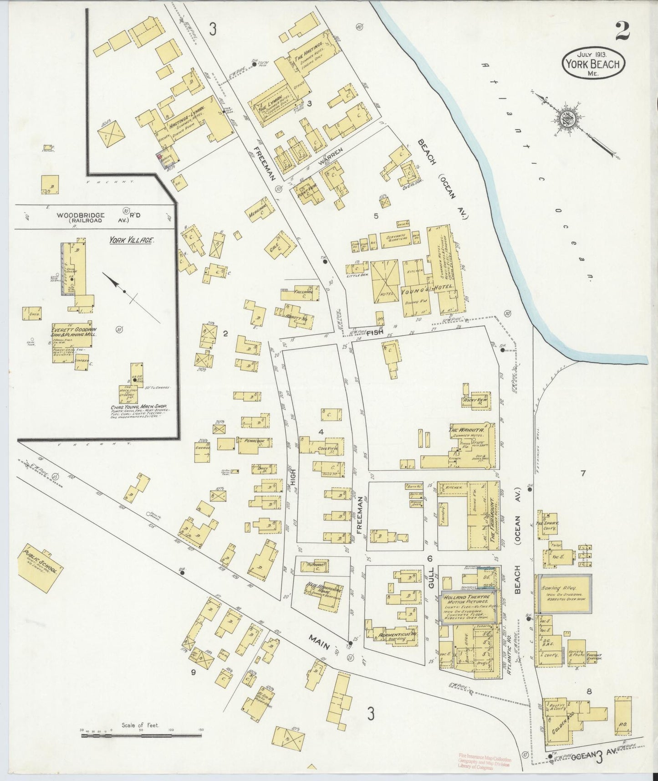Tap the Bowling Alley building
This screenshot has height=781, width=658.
(x=565, y=593)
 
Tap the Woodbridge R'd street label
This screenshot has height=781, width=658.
(x=81, y=215)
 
